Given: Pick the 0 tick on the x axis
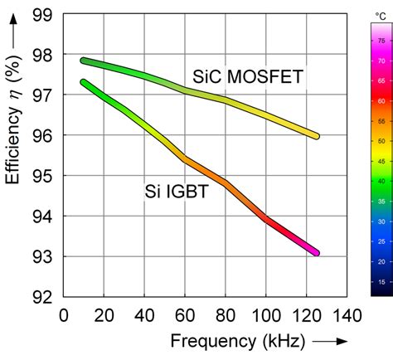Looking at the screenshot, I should pyautogui.click(x=64, y=315).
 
